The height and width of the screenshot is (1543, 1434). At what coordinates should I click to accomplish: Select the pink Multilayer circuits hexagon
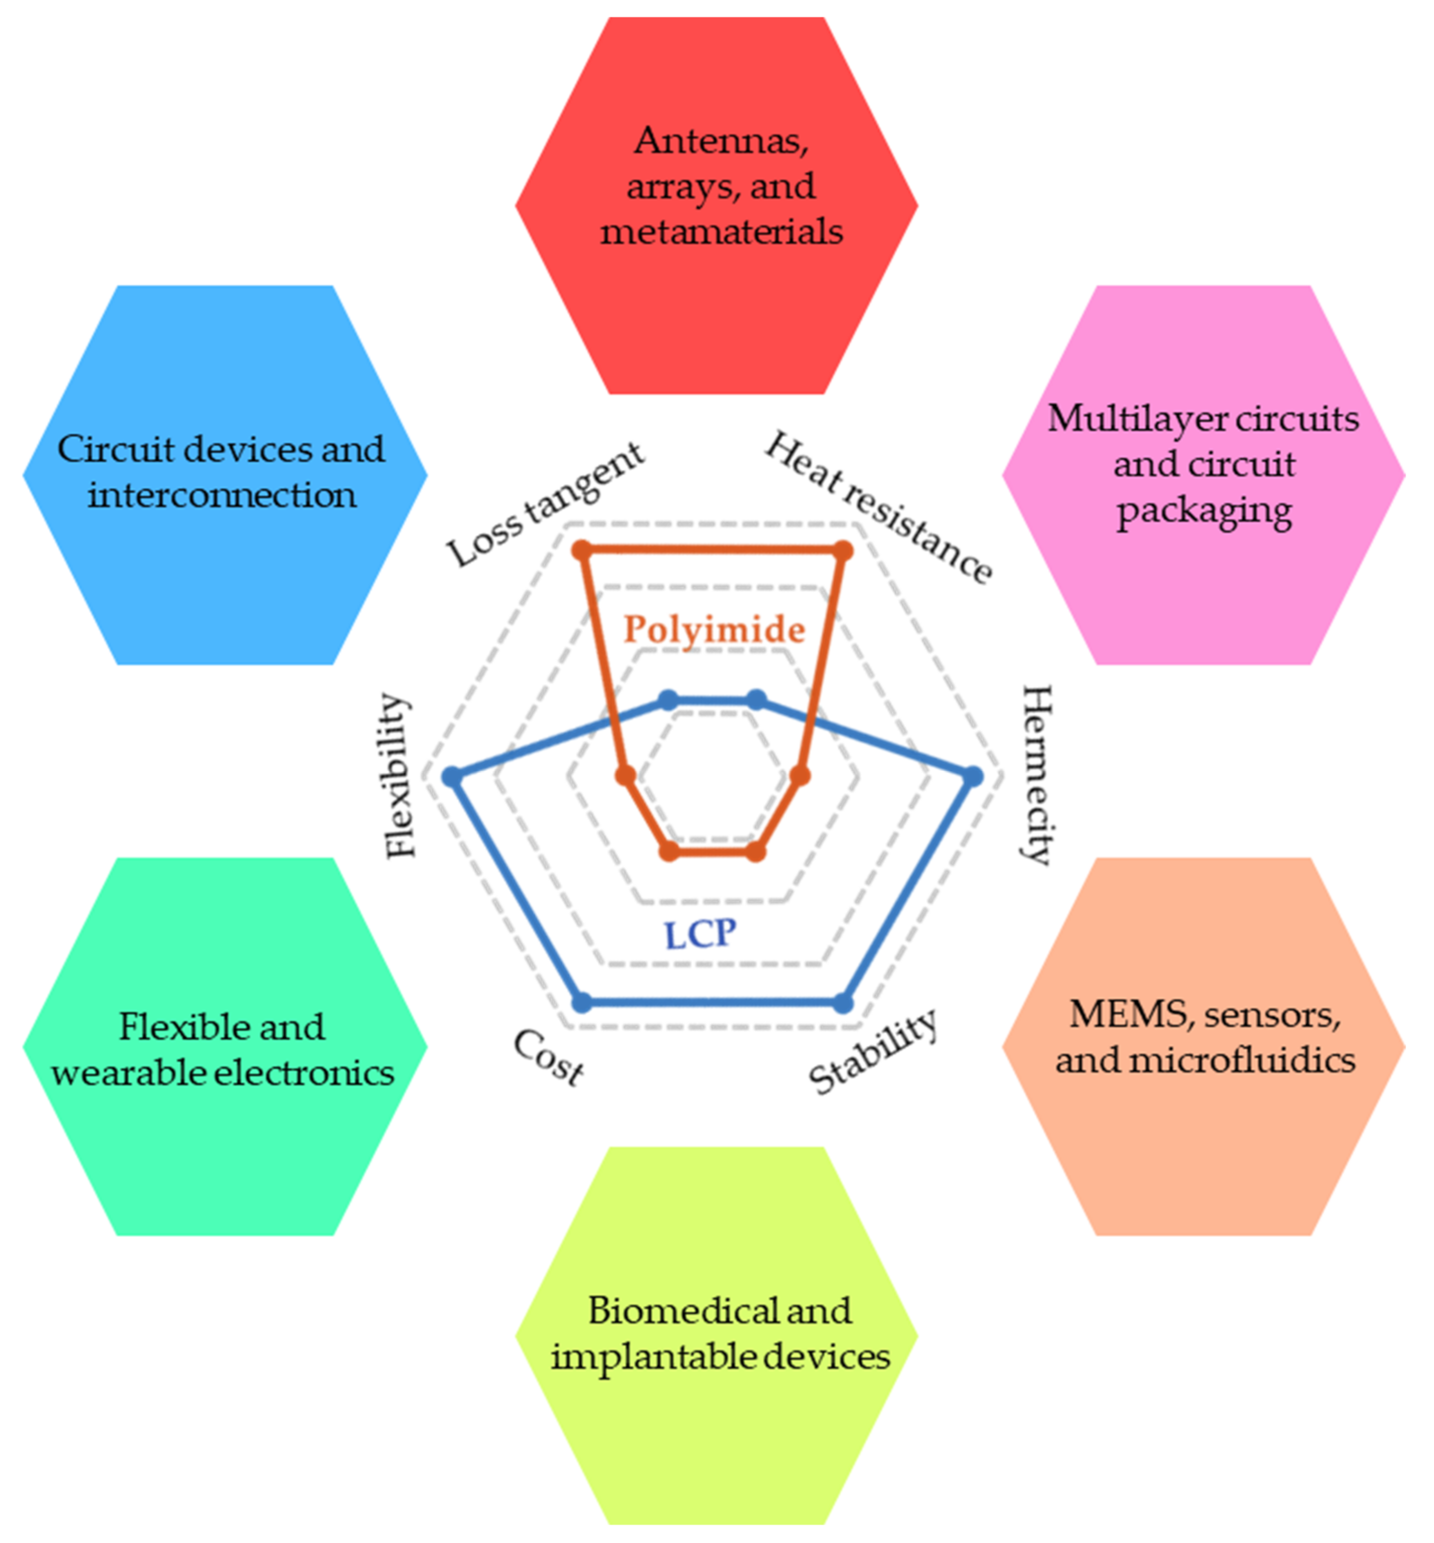(1203, 475)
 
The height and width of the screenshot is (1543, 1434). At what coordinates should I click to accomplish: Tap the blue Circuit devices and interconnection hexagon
(225, 475)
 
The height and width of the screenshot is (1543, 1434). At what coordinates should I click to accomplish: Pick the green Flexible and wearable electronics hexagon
(225, 1048)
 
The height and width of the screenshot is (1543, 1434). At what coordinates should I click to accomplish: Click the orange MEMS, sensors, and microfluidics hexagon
(1203, 1048)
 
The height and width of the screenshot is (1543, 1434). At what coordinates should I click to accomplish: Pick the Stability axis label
(873, 1053)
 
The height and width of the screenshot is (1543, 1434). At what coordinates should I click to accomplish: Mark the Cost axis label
(549, 1057)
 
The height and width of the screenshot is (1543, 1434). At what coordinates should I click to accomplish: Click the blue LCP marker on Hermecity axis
(973, 776)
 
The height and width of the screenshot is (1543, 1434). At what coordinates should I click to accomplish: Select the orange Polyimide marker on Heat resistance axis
(843, 551)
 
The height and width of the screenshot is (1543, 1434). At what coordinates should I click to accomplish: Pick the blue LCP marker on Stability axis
(843, 1003)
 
